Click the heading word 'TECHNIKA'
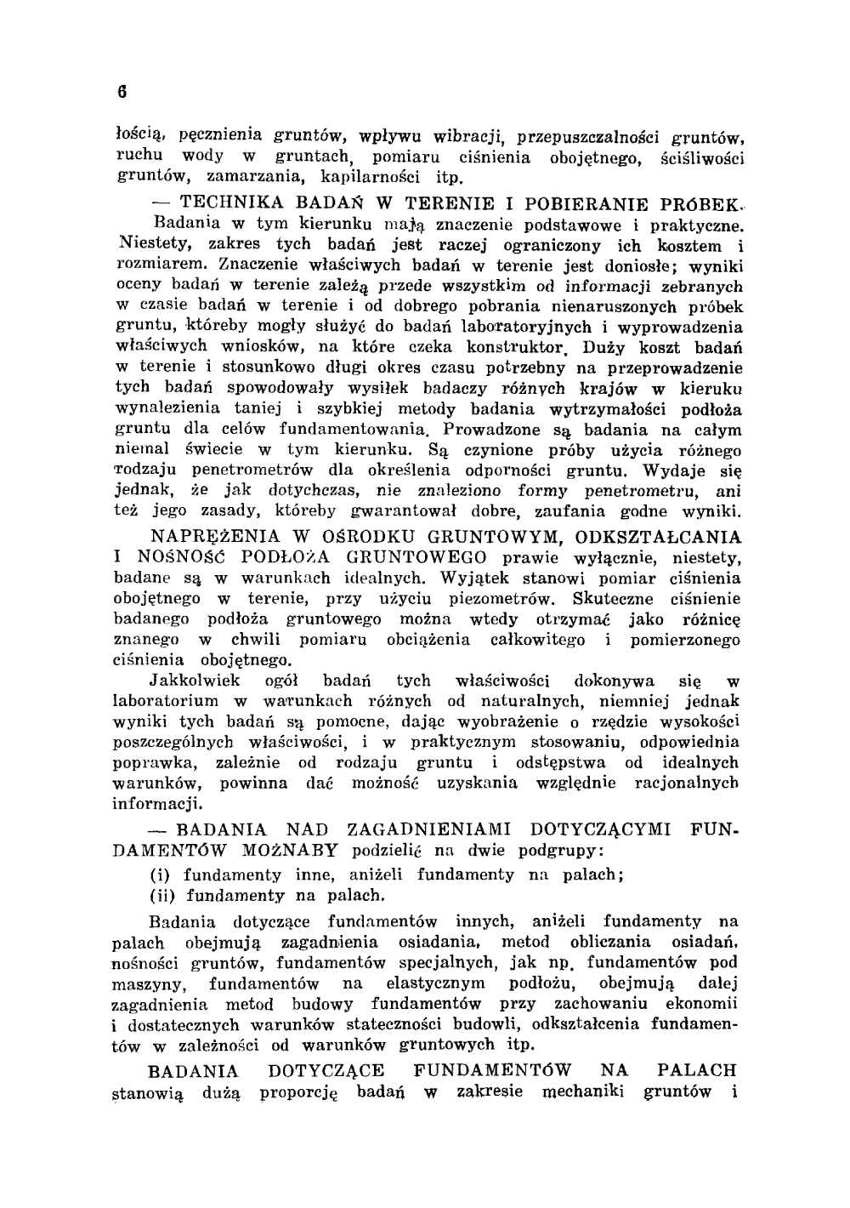coord(224,205)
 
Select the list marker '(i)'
coord(159,875)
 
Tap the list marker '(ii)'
coord(161,895)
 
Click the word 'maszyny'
coord(144,984)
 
